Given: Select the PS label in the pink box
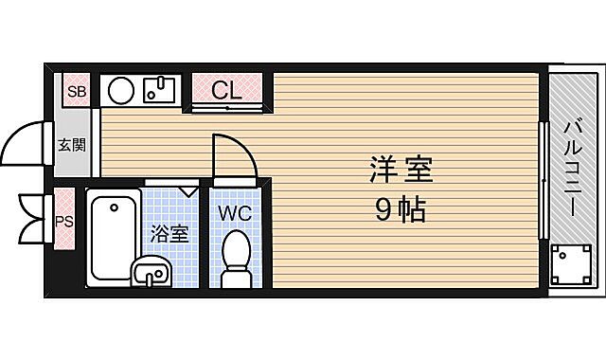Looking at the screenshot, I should [x=63, y=221].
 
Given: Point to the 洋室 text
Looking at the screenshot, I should [x=401, y=171].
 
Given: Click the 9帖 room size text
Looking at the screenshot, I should [x=401, y=210].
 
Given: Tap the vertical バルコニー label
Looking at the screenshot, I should [x=574, y=168].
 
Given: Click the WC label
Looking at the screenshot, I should [x=235, y=213].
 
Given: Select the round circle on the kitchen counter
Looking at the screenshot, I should [x=120, y=91].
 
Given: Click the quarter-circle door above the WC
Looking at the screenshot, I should [x=232, y=156].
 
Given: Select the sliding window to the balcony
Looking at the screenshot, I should [x=543, y=180].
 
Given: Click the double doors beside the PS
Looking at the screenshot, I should [x=33, y=218].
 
